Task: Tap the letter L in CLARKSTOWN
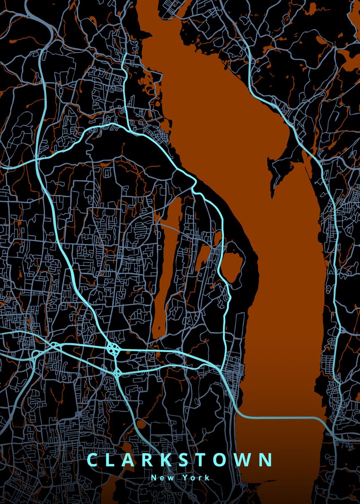(x=113, y=460)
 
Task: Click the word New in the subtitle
(x=161, y=478)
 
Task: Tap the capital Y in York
(x=185, y=478)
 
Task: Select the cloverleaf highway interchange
(x=113, y=348)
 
